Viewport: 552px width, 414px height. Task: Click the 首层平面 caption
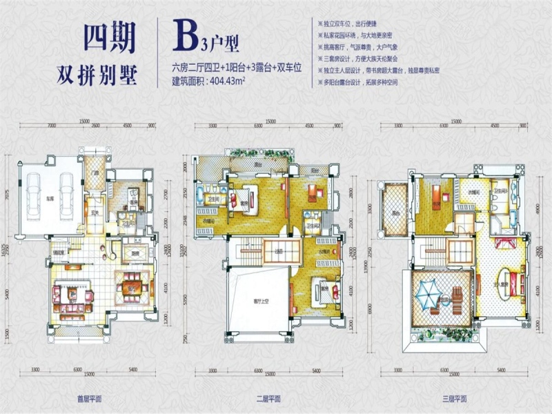tap(89, 398)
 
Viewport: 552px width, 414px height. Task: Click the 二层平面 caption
tap(268, 398)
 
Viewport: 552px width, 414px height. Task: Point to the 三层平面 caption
tap(452, 398)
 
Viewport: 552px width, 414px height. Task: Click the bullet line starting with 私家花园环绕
tap(362, 34)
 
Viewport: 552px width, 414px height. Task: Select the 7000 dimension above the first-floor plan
tap(52, 126)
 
